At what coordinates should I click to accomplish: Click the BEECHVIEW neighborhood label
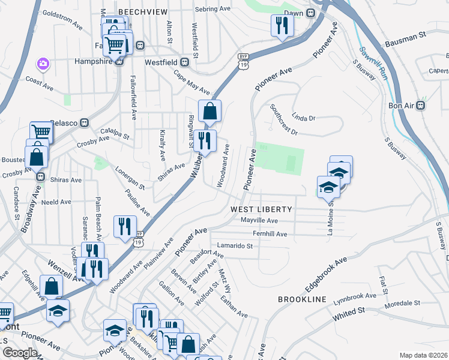click(142, 11)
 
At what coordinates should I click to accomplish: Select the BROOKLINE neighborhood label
click(302, 299)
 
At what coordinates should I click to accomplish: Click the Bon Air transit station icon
click(421, 106)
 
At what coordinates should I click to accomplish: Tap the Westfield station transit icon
click(185, 61)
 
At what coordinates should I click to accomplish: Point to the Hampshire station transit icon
click(119, 61)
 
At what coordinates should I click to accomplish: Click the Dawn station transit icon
click(311, 13)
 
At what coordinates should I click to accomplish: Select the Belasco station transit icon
click(85, 123)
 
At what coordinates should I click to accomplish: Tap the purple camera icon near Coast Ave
click(43, 63)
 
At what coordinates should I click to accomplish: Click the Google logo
click(20, 353)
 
